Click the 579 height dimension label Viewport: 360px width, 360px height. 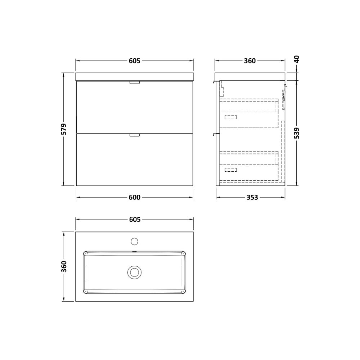[x=64, y=129]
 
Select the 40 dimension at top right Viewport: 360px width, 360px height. [x=297, y=59]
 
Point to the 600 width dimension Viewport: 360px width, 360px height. [x=134, y=197]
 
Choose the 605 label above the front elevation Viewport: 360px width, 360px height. [x=134, y=60]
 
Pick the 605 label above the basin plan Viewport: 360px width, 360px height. [x=134, y=219]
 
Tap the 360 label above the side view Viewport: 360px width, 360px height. [x=249, y=60]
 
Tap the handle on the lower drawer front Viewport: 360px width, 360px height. [x=134, y=135]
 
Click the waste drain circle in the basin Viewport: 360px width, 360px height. [x=134, y=272]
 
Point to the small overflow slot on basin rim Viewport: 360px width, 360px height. [x=134, y=252]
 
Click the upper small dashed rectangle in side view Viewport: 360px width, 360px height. [x=231, y=117]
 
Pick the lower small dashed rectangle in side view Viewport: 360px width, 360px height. [x=231, y=170]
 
